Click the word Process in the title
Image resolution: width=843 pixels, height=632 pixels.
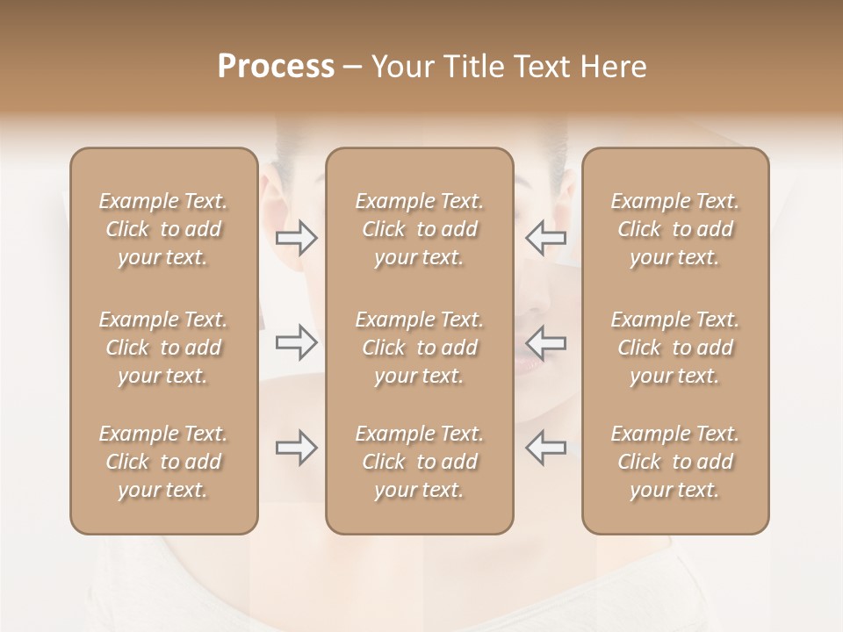tap(276, 67)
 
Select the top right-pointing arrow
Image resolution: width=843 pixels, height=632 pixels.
tap(297, 237)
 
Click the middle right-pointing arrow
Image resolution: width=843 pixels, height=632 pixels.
tap(297, 342)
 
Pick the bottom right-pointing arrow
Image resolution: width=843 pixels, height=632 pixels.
tap(297, 448)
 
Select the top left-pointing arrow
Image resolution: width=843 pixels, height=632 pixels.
tap(546, 237)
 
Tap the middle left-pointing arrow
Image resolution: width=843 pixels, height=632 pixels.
tap(546, 342)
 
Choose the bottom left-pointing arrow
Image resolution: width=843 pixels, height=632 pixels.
tap(546, 448)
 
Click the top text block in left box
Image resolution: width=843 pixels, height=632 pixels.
tap(163, 229)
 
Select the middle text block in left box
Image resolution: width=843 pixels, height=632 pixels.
tap(163, 348)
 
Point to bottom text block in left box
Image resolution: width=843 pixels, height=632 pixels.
tap(163, 462)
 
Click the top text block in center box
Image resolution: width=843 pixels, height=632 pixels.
tap(420, 229)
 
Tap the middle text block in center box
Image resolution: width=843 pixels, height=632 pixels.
tap(420, 348)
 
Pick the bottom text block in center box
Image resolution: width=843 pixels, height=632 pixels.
tap(420, 462)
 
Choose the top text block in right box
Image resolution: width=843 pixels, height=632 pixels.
tap(675, 229)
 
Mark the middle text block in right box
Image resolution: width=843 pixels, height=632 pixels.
tap(675, 348)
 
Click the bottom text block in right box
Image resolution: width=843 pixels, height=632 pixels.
tap(675, 462)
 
